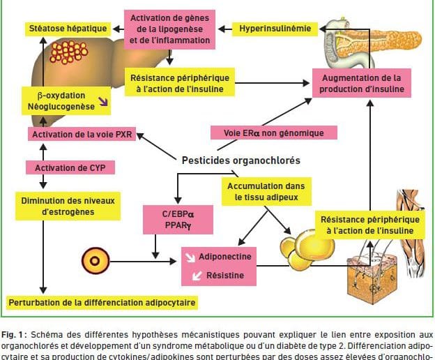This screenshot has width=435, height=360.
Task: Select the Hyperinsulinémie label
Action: pyautogui.click(x=275, y=29)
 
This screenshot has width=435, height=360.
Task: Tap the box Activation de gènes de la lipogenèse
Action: pyautogui.click(x=169, y=29)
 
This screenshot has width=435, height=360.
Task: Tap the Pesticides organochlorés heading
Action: pyautogui.click(x=241, y=160)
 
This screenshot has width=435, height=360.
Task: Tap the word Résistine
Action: pyautogui.click(x=221, y=276)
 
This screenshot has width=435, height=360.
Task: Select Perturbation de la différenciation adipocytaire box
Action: pyautogui.click(x=101, y=303)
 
